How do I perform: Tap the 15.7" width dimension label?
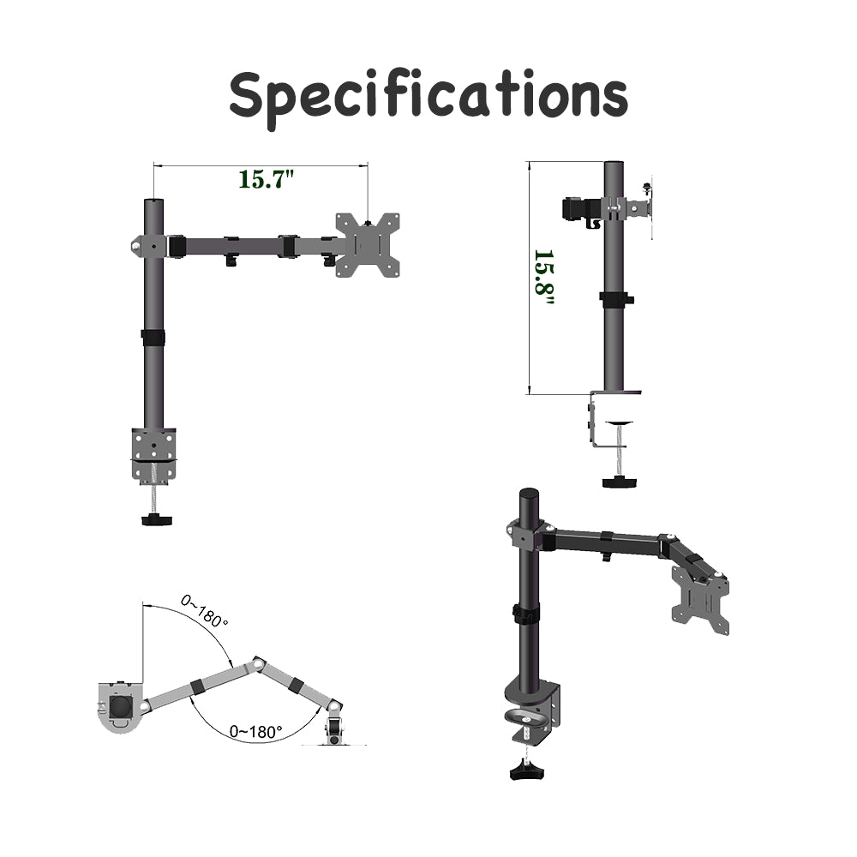pyautogui.click(x=266, y=180)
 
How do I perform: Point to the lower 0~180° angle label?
pyautogui.click(x=255, y=732)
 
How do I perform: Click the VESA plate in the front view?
pyautogui.click(x=369, y=245)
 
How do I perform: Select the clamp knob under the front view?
pyautogui.click(x=156, y=519)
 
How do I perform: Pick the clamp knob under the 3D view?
pyautogui.click(x=523, y=773)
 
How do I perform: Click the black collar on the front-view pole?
pyautogui.click(x=153, y=337)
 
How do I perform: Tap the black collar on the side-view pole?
pyautogui.click(x=615, y=299)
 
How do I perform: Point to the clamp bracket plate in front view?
pyautogui.click(x=154, y=449)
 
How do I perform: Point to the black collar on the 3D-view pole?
pyautogui.click(x=525, y=614)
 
